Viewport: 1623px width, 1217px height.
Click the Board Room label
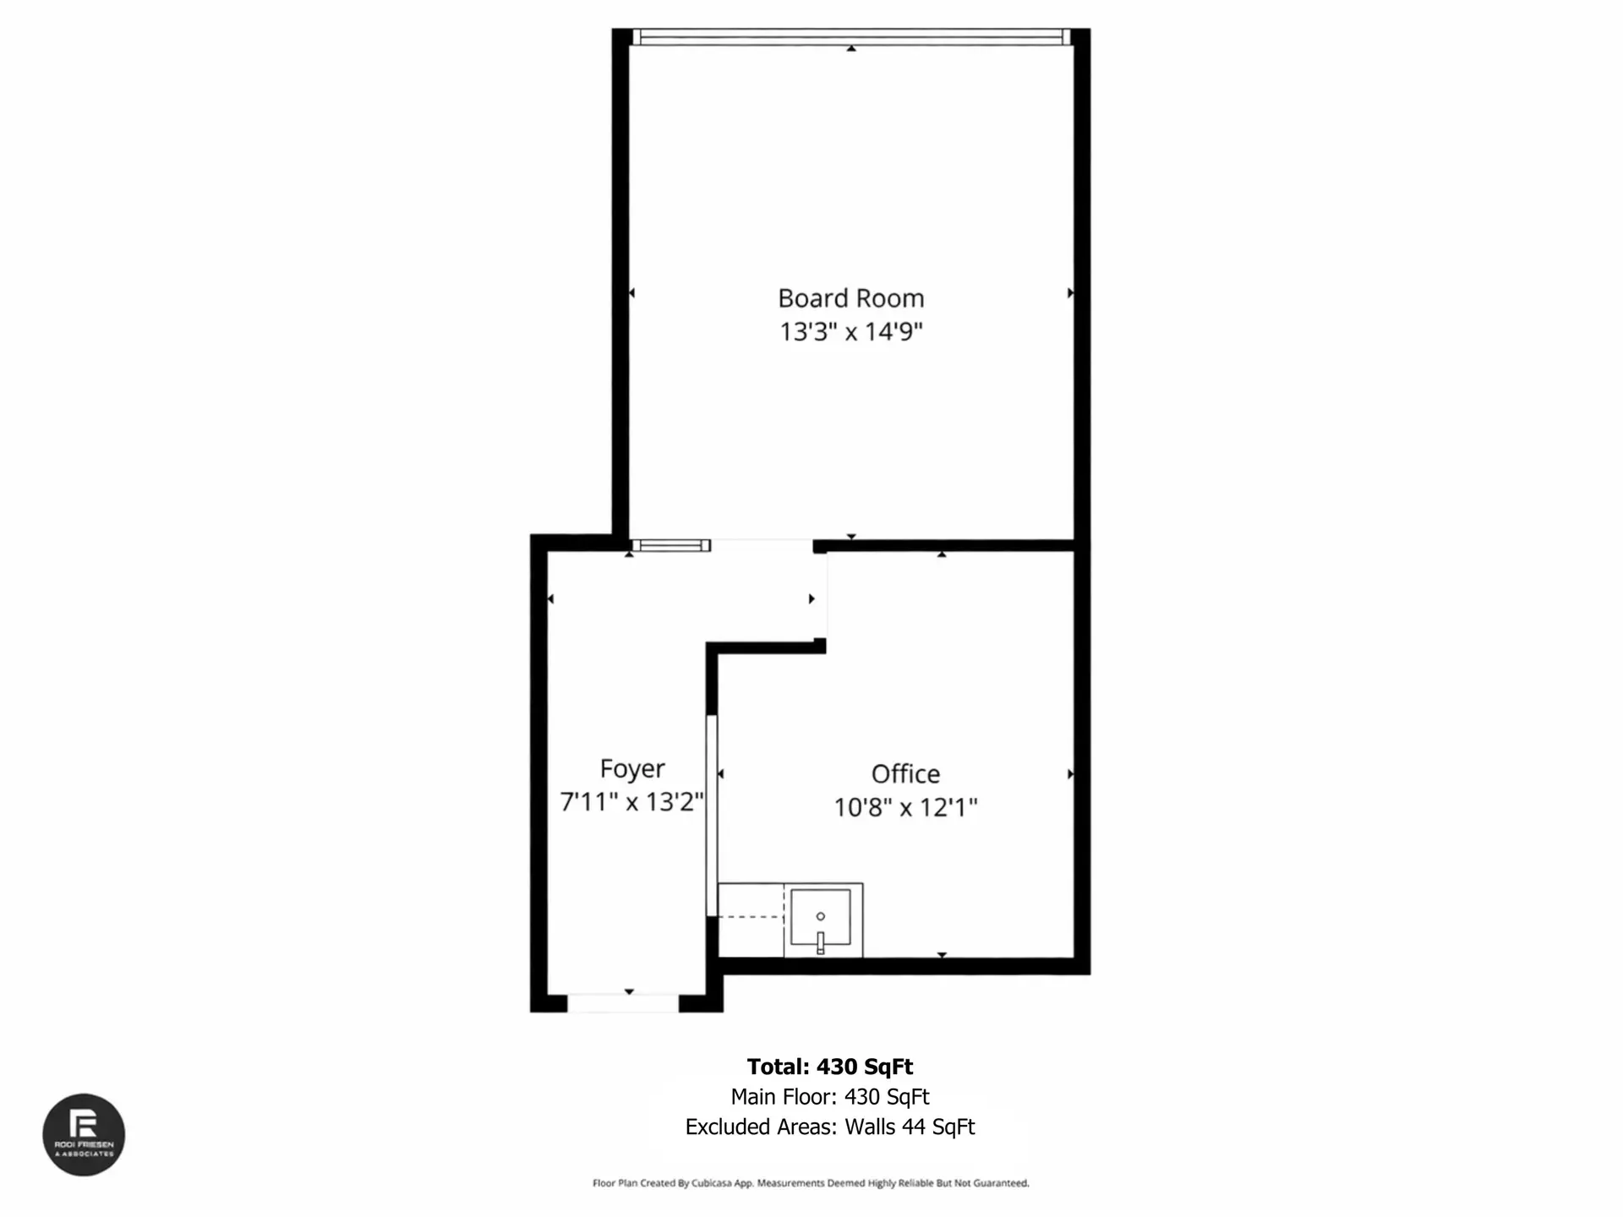click(x=850, y=298)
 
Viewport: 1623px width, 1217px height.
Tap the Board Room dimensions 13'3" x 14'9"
click(x=850, y=331)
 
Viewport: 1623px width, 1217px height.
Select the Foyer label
click(x=632, y=769)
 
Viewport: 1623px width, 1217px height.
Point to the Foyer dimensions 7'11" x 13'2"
click(x=632, y=801)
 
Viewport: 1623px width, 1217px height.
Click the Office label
click(x=905, y=774)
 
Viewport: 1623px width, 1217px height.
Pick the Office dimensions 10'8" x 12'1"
click(x=905, y=807)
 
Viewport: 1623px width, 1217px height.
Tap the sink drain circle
click(x=820, y=916)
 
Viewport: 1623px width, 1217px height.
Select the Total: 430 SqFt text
click(x=829, y=1067)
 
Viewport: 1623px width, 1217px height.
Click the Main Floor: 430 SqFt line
click(x=829, y=1097)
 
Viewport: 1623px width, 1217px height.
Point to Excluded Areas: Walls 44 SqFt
click(x=829, y=1127)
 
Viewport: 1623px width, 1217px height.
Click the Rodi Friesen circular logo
click(x=84, y=1135)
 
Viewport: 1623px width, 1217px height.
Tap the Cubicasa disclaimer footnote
click(x=811, y=1183)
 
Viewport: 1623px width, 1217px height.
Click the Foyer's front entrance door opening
click(x=623, y=1003)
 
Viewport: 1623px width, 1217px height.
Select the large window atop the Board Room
click(x=851, y=36)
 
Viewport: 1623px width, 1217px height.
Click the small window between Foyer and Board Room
click(x=671, y=546)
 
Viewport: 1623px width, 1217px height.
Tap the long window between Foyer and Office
click(x=712, y=816)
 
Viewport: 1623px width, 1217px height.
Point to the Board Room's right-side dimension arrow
click(x=1069, y=293)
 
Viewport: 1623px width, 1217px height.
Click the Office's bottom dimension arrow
click(x=942, y=955)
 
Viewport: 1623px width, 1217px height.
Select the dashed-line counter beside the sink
click(x=751, y=920)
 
